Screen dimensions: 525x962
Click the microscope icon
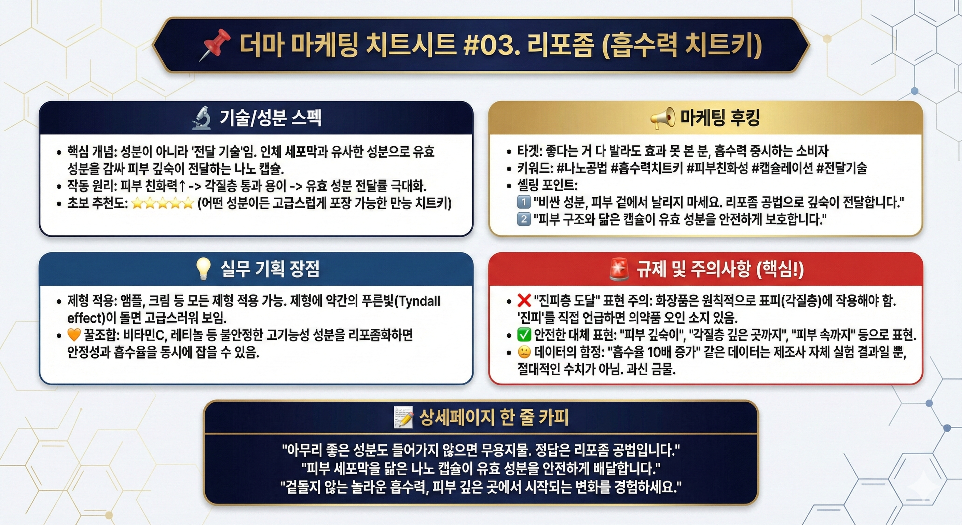coord(202,118)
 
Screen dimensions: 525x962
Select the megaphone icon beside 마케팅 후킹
coord(662,118)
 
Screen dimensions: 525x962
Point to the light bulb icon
coord(204,269)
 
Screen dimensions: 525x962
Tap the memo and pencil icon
coord(403,417)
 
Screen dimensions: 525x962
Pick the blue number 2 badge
coord(524,219)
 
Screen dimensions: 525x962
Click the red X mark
coord(524,300)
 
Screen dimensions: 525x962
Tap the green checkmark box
coord(524,335)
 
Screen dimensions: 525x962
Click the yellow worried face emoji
coord(524,352)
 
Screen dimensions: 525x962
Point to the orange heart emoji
coord(74,335)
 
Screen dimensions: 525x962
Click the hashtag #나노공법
coord(581,169)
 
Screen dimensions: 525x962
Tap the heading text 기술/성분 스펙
coord(270,118)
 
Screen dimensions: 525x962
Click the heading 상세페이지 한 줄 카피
coord(494,417)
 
